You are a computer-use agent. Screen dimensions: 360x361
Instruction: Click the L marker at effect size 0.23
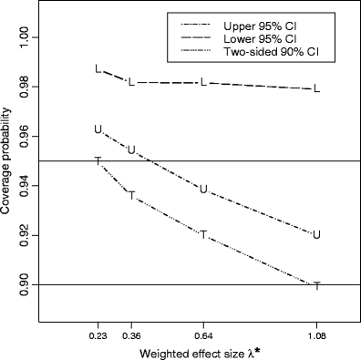click(98, 69)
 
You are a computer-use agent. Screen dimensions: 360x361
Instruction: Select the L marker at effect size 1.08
click(316, 89)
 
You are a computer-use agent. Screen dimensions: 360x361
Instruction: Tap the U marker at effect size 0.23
click(98, 129)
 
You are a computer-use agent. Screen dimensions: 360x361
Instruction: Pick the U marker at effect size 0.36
click(131, 149)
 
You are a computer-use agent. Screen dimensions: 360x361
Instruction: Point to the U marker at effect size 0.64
click(203, 190)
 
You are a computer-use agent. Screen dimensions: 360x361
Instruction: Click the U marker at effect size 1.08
click(316, 234)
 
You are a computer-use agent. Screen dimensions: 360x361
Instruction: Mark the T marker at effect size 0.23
click(98, 161)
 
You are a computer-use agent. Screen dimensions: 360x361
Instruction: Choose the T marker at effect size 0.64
click(203, 235)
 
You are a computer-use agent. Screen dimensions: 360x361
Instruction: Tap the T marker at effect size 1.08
click(316, 286)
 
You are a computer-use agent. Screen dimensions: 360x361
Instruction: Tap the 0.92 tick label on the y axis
click(29, 235)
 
